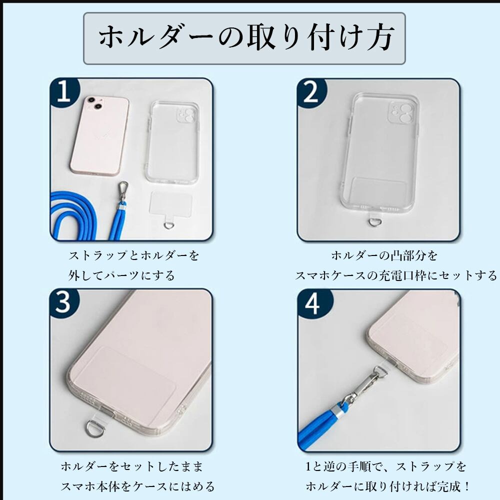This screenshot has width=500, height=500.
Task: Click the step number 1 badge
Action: coord(64,92)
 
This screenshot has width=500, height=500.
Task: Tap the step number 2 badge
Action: coord(311,92)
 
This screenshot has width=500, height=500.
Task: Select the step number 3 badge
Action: coord(64,303)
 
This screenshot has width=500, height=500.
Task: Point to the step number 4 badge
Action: coord(313,304)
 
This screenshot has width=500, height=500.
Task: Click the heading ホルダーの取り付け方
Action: coord(246,37)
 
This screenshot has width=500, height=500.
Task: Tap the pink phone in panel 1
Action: coord(100,136)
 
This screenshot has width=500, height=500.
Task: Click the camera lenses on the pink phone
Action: coord(94,102)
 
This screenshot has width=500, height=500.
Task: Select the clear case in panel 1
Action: coord(172,142)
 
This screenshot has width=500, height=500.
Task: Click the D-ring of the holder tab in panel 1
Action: coord(169,225)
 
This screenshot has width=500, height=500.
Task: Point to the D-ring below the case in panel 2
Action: coord(372,222)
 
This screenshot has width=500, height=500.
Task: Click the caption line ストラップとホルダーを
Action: coord(134,255)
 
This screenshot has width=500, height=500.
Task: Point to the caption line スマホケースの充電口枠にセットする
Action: coord(395,275)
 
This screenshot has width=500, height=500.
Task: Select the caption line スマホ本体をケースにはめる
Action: coord(137,486)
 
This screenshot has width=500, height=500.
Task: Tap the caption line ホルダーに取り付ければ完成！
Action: coord(388,486)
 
